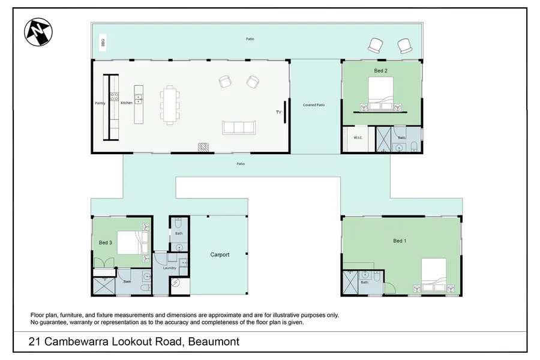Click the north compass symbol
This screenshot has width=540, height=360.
click(x=38, y=32)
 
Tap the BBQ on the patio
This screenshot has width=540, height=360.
click(x=103, y=43)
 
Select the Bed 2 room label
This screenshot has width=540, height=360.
click(x=380, y=71)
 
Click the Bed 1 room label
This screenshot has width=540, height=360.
click(x=400, y=241)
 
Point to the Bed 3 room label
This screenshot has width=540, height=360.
click(x=106, y=242)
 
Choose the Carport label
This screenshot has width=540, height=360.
click(x=220, y=254)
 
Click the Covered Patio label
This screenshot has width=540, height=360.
click(x=314, y=105)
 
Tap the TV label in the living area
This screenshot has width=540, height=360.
click(x=278, y=112)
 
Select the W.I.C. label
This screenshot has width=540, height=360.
click(x=358, y=138)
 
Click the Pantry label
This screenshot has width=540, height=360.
click(x=100, y=103)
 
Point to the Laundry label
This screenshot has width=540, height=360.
click(x=169, y=268)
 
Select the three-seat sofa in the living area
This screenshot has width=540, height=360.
click(x=239, y=127)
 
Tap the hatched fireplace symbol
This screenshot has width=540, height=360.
click(x=203, y=147)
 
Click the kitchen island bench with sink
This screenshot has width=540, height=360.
click(x=139, y=104)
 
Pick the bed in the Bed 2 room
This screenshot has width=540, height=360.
click(x=381, y=94)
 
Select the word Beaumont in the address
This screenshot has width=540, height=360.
click(x=214, y=342)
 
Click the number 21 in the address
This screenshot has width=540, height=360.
click(x=34, y=342)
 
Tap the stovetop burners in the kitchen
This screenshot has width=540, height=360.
click(x=115, y=97)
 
